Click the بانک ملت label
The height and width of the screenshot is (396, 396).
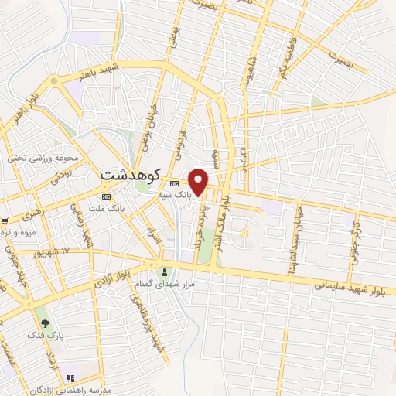[106, 208]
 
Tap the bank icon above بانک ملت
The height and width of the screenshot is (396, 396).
[105, 196]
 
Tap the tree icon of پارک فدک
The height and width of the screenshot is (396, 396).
[45, 323]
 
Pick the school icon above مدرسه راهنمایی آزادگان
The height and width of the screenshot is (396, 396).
[70, 377]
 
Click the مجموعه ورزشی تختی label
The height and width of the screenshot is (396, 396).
[44, 158]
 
